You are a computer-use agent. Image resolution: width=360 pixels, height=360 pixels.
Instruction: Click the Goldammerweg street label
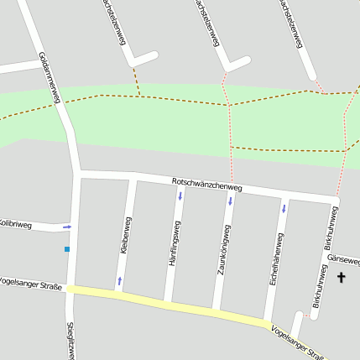point(50,77)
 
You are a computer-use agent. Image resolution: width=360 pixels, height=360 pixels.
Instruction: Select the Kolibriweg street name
point(15,224)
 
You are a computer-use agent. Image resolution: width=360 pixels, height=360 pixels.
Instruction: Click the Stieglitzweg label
point(70,340)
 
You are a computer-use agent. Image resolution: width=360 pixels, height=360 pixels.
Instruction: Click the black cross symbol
point(342,277)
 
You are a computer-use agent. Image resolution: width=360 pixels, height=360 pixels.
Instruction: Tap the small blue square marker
point(66,249)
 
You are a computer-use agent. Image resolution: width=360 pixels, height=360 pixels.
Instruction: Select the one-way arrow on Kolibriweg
point(67,227)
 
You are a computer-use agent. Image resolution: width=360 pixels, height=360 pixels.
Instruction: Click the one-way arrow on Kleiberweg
point(119,280)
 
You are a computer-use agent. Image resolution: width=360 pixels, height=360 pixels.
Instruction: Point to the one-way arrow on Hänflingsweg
point(180,196)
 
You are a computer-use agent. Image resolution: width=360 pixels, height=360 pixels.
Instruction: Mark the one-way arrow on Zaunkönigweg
point(231,201)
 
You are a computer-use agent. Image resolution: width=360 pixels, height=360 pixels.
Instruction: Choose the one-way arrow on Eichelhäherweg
point(284,207)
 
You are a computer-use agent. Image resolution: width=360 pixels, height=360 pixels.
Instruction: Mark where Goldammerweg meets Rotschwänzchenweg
point(79,174)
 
